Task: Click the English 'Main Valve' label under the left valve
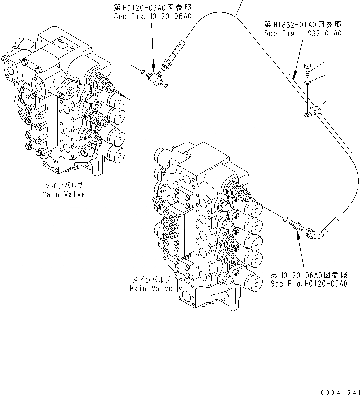click(x=63, y=194)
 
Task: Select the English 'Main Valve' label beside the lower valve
click(x=151, y=288)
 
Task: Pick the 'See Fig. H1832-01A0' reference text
click(x=303, y=33)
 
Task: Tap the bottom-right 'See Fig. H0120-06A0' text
click(x=308, y=284)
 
